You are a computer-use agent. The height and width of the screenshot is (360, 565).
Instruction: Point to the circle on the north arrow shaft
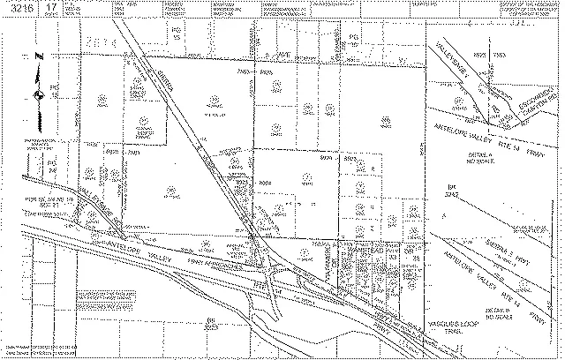pos(38,93)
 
